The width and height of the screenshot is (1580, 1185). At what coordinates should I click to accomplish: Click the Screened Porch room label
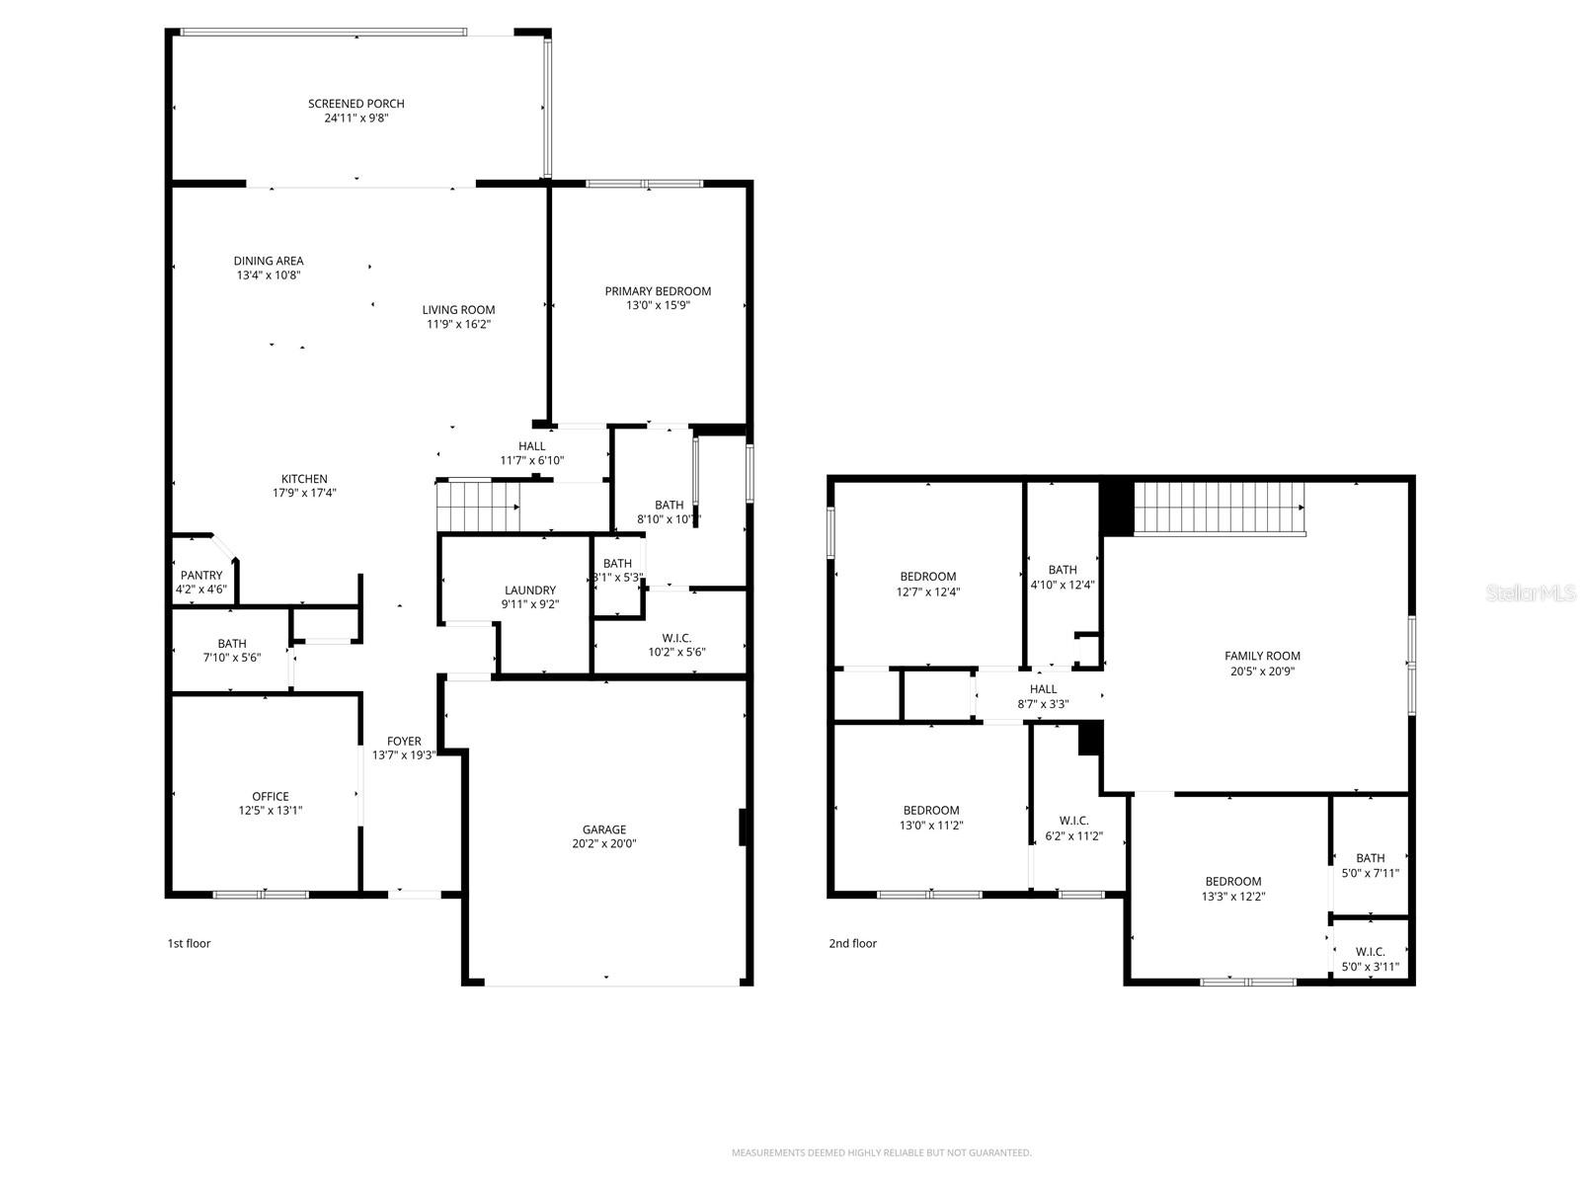tap(355, 104)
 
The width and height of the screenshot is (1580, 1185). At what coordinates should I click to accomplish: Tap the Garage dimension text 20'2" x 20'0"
tap(603, 844)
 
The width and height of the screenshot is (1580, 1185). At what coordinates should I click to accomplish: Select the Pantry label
tap(201, 576)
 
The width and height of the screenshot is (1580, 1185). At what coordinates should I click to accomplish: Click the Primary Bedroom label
tap(658, 291)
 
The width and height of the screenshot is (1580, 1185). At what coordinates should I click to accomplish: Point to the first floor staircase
tap(478, 506)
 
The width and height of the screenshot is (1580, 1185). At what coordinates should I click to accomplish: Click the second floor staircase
tap(1219, 508)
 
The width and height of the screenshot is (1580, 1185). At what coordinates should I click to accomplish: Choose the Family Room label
tap(1262, 656)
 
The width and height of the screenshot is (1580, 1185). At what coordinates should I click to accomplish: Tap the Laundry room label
tap(530, 591)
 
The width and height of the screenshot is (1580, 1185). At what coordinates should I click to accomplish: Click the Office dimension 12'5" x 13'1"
tap(271, 811)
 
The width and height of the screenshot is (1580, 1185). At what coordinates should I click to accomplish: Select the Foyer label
tap(404, 742)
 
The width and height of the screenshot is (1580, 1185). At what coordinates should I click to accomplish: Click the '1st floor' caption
tap(189, 943)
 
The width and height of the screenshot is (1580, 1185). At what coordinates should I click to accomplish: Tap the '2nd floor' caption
tap(852, 943)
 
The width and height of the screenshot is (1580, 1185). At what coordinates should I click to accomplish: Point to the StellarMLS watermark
tap(1530, 592)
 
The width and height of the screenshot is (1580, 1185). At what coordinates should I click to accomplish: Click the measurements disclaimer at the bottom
tap(881, 1152)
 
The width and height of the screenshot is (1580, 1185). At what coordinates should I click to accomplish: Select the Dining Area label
tap(269, 262)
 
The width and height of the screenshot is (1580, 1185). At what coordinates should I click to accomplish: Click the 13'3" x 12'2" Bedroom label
tap(1232, 882)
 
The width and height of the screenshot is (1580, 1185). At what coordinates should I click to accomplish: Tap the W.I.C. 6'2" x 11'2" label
tap(1073, 822)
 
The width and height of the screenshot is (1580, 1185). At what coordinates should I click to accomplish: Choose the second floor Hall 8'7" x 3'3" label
tap(1043, 689)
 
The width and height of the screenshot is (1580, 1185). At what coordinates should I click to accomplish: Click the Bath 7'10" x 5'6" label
tap(232, 644)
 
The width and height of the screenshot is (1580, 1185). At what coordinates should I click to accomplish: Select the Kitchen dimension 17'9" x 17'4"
tap(304, 493)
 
